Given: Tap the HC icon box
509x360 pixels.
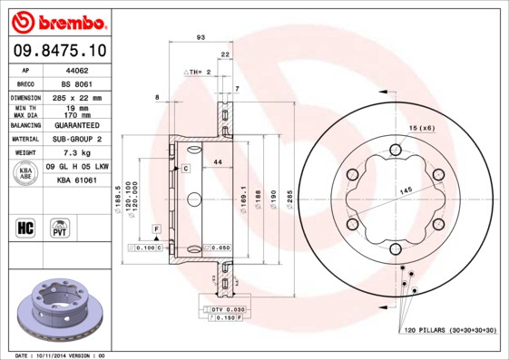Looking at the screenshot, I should coord(25,227).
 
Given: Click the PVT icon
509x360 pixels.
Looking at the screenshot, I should coord(62,227).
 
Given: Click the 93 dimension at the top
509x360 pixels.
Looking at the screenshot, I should coord(200,37).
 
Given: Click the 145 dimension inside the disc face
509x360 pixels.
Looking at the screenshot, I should coord(406,189).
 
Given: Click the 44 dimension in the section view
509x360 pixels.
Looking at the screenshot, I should coord(217,161).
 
